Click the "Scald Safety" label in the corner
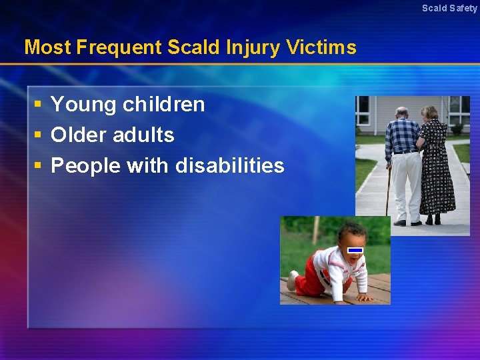449,8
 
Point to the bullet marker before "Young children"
39,105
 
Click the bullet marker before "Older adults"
39,135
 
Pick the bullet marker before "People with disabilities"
39,166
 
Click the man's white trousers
405,183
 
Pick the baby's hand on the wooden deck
364,297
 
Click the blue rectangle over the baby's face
355,250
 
